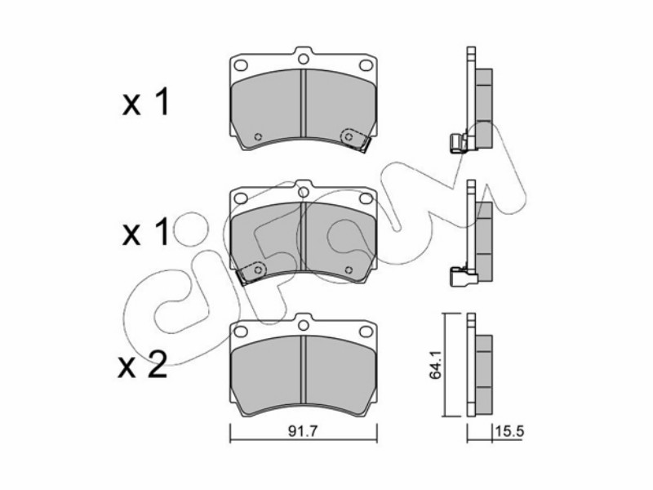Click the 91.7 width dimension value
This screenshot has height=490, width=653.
tap(303, 432)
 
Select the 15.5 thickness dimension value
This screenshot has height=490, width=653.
tap(509, 432)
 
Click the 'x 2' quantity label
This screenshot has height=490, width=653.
tap(143, 365)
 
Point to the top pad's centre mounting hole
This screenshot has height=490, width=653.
tap(304, 58)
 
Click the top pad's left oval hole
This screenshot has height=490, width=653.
tap(241, 65)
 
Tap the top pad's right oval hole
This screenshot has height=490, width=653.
tap(366, 65)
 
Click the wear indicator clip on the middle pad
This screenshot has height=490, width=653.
tap(251, 272)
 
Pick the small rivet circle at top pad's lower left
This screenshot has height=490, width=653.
tap(258, 136)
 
